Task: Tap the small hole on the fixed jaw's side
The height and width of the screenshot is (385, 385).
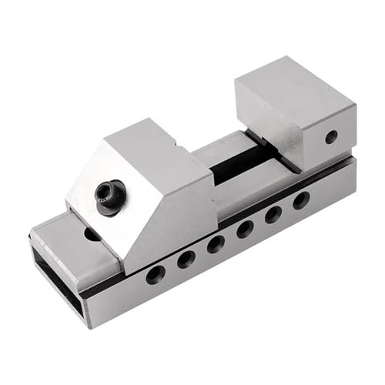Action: coord(330,138)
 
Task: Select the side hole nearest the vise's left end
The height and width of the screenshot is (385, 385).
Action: coord(156,273)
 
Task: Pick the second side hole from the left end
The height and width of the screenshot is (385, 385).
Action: coord(186,259)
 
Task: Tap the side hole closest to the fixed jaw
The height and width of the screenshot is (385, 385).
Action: coord(300,200)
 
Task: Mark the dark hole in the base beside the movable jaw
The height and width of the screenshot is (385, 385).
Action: coord(91,233)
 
